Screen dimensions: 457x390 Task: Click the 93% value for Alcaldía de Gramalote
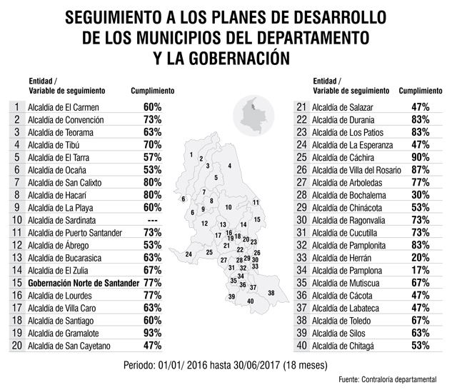(152, 333)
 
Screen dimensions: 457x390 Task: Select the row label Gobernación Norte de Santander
(84, 283)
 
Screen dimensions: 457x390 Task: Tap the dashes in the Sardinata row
(152, 221)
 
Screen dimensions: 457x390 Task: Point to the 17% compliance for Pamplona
(421, 270)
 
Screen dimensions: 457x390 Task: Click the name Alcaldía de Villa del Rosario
(356, 170)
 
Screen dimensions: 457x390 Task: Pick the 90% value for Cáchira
(421, 157)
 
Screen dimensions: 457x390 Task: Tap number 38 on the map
(271, 293)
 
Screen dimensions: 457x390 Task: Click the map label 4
(230, 166)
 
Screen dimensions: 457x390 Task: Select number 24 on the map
(189, 254)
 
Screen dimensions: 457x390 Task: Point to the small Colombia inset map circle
(253, 116)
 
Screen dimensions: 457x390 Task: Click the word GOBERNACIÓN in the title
(239, 58)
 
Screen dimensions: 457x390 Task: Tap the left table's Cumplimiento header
(152, 91)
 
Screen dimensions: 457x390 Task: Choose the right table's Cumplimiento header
(421, 91)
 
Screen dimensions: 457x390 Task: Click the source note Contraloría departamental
(399, 379)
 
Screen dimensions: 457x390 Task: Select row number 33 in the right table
(301, 258)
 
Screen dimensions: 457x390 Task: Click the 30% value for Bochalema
(421, 195)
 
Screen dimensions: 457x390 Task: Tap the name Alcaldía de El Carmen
(64, 107)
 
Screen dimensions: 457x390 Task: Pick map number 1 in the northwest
(191, 154)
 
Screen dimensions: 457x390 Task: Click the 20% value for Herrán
(421, 258)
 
